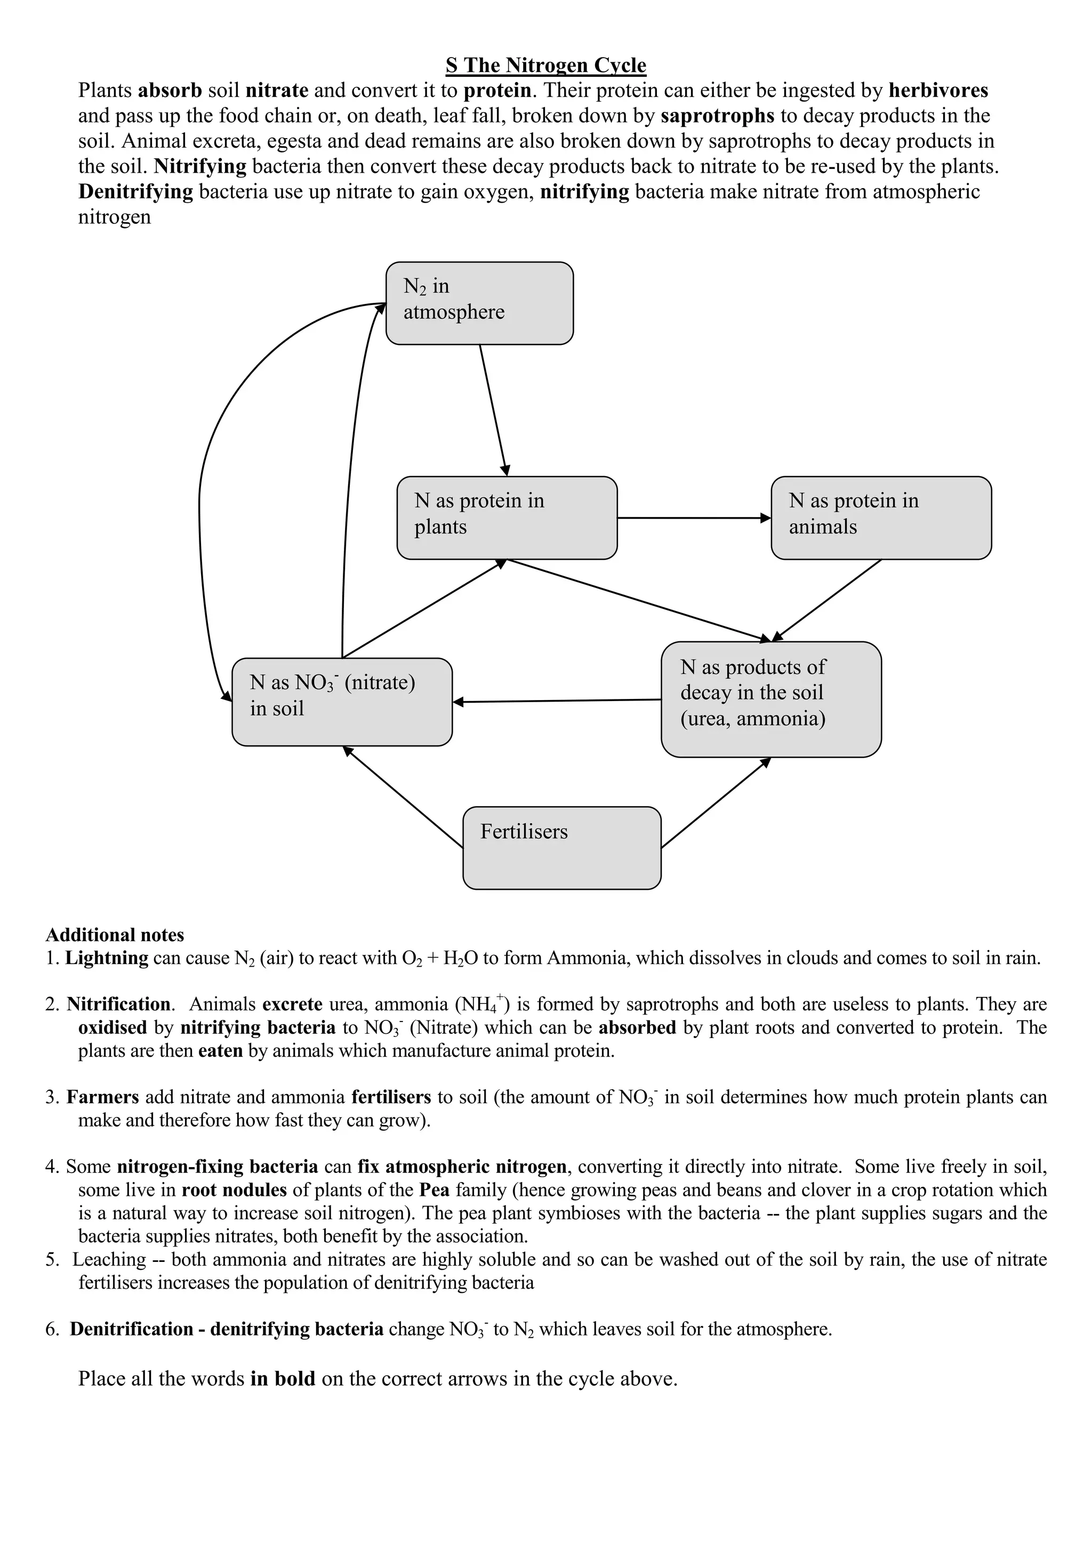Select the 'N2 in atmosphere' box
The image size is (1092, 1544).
click(479, 303)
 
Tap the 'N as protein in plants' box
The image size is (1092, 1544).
click(507, 517)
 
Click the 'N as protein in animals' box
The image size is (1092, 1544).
click(880, 517)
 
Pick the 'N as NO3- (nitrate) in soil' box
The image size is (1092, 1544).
click(342, 702)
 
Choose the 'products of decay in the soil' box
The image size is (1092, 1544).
click(770, 699)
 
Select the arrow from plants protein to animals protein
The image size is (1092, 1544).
click(693, 518)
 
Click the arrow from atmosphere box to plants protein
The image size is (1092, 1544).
click(494, 410)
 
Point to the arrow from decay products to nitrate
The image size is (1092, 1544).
click(557, 701)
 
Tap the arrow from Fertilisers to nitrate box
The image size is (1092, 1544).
click(404, 797)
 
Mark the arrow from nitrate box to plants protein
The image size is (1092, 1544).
click(423, 608)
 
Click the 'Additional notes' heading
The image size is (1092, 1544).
click(114, 935)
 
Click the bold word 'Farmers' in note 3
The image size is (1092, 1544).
click(103, 1097)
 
